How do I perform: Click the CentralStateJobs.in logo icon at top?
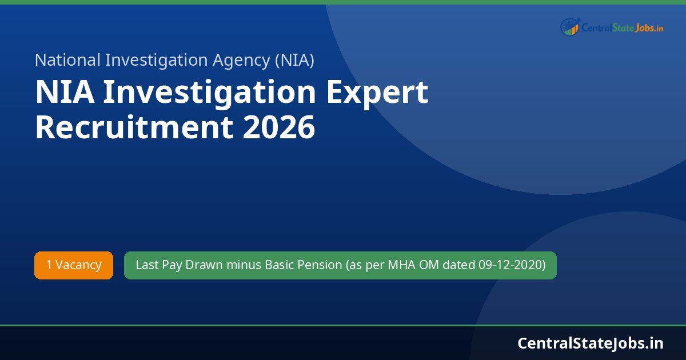570,26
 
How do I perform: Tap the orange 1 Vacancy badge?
74,265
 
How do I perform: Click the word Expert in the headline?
378,93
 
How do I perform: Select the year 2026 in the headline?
279,127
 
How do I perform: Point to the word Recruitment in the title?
134,127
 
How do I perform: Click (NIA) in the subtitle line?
294,60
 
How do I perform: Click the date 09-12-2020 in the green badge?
512,265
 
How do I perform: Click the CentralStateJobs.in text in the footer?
591,343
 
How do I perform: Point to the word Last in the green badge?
146,265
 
